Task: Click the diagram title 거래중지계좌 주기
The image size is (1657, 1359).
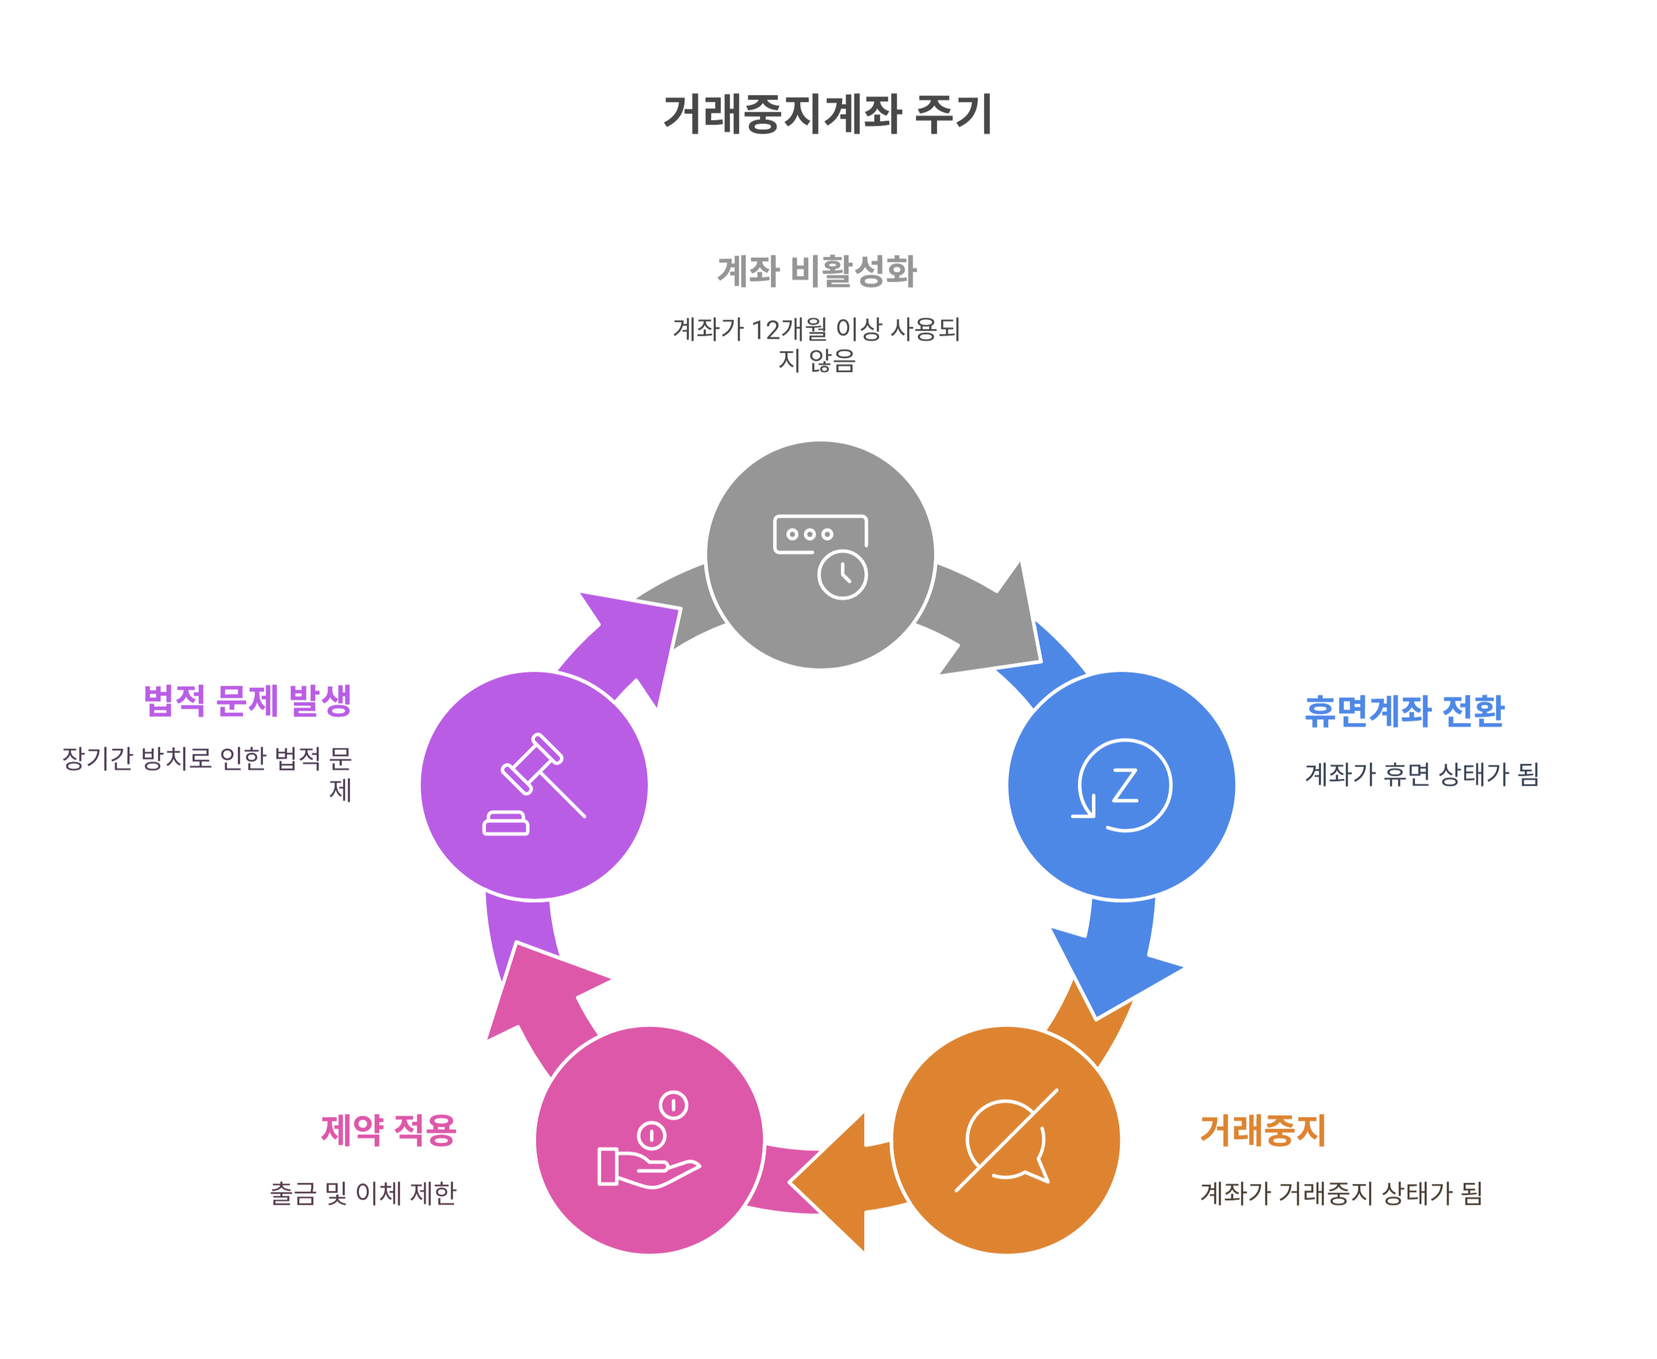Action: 827,114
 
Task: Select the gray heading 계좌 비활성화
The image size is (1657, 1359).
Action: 817,271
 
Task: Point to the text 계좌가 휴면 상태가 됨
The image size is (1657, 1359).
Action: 1421,774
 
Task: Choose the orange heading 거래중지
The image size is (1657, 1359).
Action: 1262,1130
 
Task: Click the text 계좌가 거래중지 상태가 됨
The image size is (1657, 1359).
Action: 1341,1193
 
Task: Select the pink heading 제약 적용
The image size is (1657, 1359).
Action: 388,1130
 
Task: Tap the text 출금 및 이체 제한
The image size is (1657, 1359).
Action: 363,1193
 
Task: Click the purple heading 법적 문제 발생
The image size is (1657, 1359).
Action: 247,700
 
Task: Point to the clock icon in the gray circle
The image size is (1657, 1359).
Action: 842,574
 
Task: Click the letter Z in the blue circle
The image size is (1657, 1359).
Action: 1125,785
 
